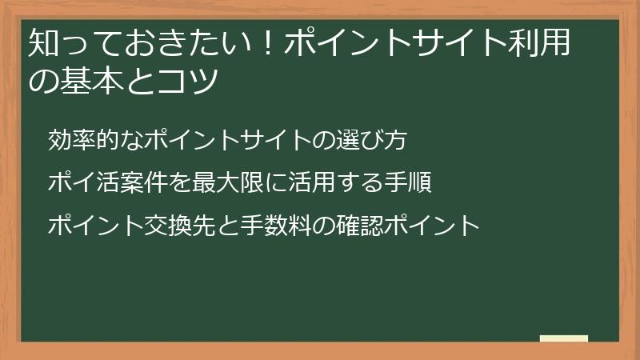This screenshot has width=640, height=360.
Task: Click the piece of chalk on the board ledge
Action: click(x=563, y=338)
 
